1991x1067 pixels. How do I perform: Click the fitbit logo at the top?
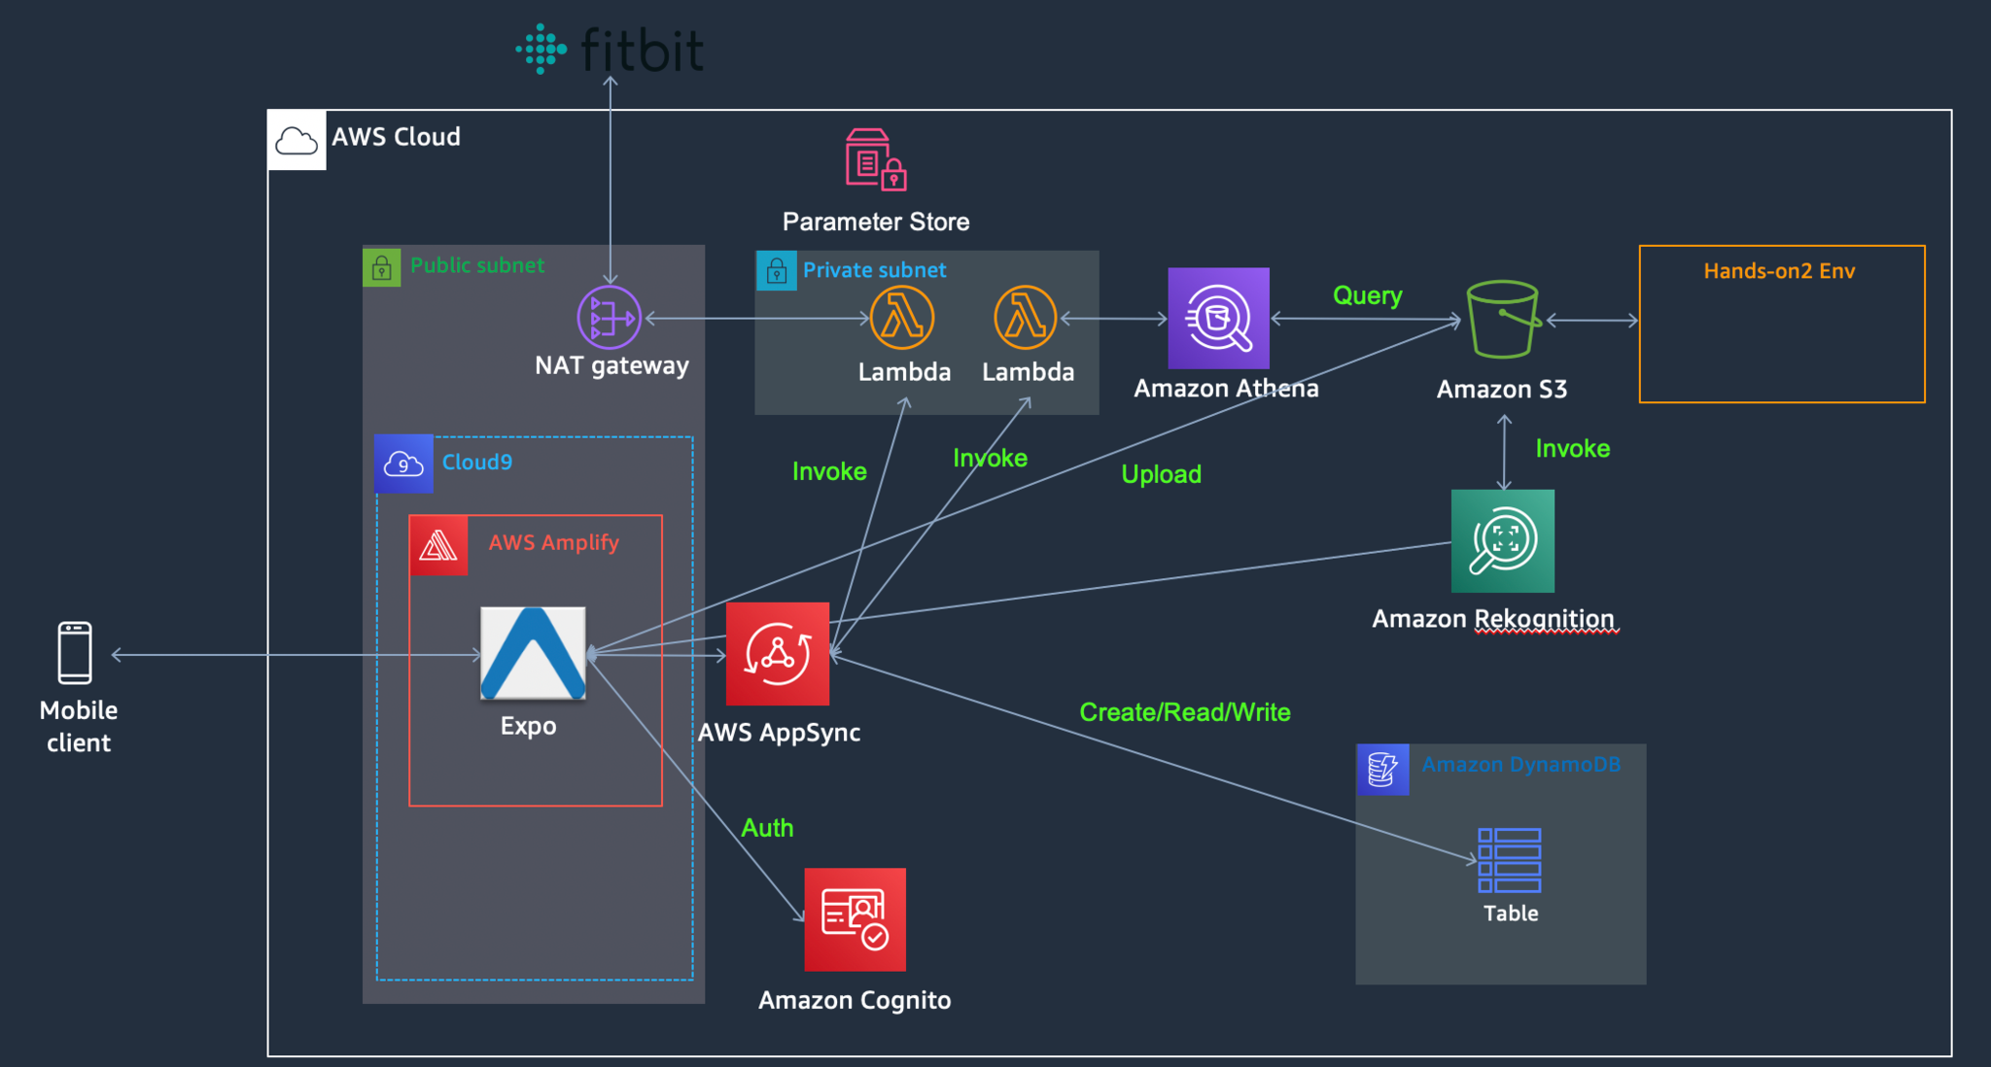coord(610,50)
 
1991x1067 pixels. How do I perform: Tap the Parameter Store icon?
coord(876,159)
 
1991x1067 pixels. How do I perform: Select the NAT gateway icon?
coord(609,317)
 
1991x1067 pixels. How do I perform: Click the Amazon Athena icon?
coord(1218,318)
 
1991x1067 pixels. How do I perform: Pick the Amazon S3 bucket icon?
coord(1503,319)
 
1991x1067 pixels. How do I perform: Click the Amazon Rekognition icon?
coord(1503,540)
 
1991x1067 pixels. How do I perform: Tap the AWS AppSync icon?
coord(778,653)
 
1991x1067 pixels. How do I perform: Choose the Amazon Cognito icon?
coord(856,919)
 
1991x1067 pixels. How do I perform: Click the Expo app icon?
coord(533,653)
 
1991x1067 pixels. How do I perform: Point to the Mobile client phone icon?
coord(75,653)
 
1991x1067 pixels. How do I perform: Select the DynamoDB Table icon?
coord(1509,860)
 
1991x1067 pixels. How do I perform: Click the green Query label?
coord(1368,295)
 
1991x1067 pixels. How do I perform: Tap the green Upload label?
coord(1162,474)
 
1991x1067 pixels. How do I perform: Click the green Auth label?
coord(767,828)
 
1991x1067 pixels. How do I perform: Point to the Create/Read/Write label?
coord(1185,712)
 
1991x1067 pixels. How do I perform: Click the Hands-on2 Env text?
coord(1779,271)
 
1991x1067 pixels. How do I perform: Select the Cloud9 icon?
coord(403,464)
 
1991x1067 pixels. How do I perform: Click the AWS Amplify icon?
coord(438,545)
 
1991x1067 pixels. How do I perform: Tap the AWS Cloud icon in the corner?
coord(297,141)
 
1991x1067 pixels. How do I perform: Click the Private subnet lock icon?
coord(776,271)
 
